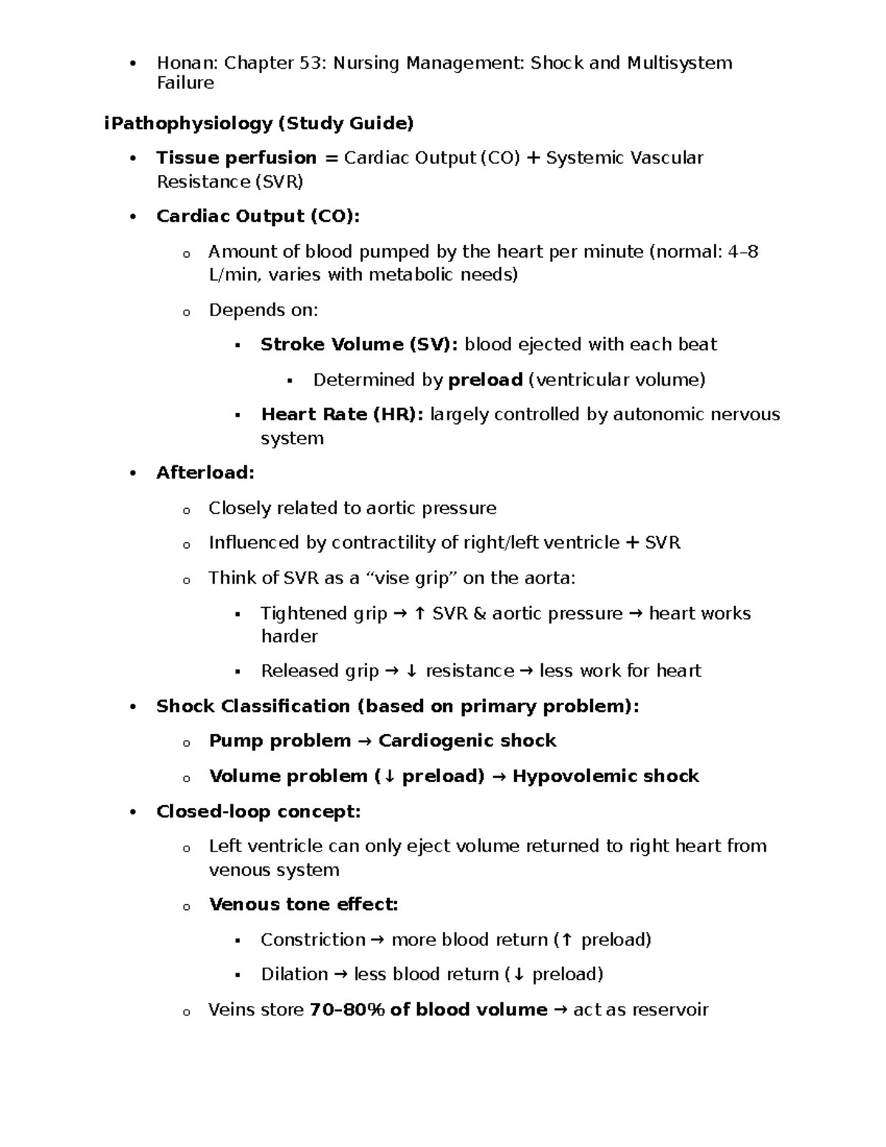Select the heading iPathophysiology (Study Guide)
(258, 123)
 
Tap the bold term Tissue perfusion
(236, 158)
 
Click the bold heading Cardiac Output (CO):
(258, 216)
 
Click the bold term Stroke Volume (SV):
(359, 345)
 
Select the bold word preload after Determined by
(485, 380)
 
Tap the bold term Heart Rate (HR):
(342, 414)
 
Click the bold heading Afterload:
(205, 473)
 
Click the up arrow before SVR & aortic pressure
(419, 614)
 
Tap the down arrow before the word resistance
(411, 671)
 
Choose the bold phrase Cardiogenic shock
(467, 741)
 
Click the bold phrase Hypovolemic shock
(605, 776)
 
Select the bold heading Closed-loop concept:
(258, 812)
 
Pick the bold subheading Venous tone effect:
(303, 905)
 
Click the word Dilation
(294, 975)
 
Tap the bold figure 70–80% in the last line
(347, 1010)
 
